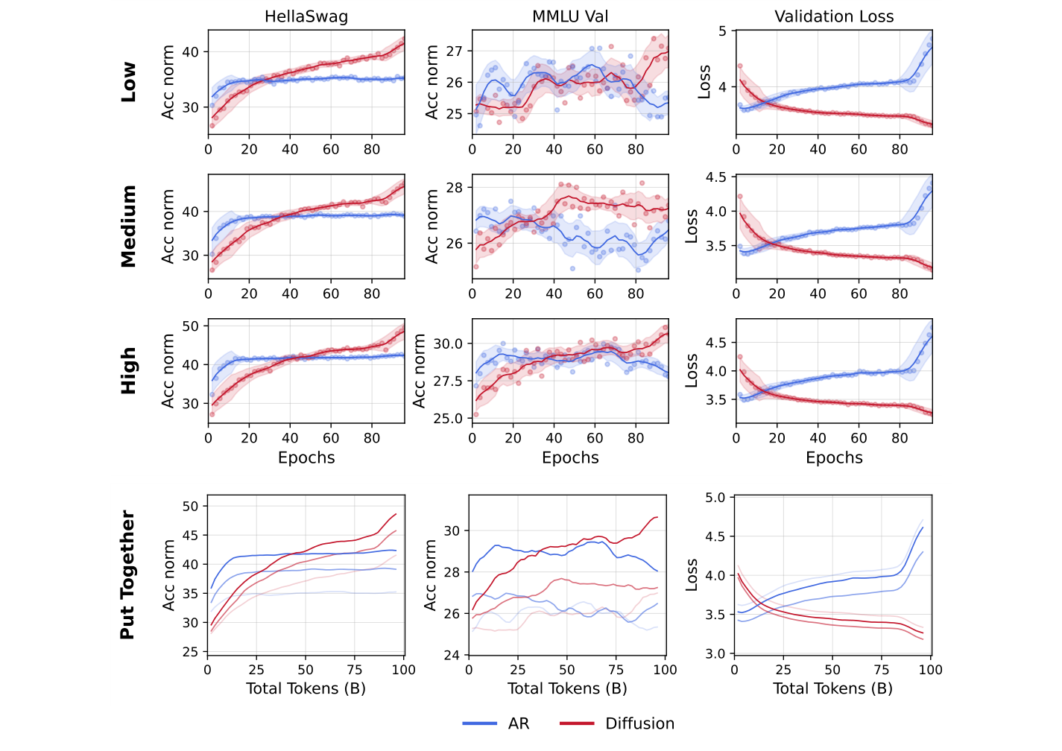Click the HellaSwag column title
(x=306, y=16)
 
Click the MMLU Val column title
(x=570, y=16)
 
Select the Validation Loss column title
(x=834, y=16)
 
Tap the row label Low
(x=129, y=82)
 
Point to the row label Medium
(x=129, y=226)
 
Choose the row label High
(x=129, y=370)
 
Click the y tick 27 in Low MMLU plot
(x=454, y=51)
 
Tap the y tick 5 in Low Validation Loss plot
(x=722, y=31)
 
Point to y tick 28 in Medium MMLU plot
(x=454, y=187)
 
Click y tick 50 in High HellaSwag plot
(x=190, y=326)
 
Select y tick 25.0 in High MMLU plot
(x=449, y=418)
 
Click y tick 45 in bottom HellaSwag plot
(x=190, y=535)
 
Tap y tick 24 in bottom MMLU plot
(x=452, y=656)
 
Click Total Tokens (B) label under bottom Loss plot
(x=832, y=688)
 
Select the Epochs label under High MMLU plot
(x=570, y=457)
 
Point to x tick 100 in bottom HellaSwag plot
(x=403, y=670)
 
